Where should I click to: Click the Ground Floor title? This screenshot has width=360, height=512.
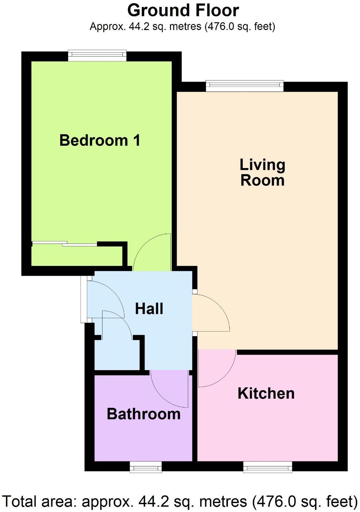(183, 11)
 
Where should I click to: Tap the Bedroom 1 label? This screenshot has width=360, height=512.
(100, 140)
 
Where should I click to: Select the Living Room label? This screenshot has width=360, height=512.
(262, 172)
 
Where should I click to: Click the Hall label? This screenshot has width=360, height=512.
(149, 309)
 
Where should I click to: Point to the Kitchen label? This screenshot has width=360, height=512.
(266, 393)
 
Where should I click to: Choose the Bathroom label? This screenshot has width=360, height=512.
(143, 414)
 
